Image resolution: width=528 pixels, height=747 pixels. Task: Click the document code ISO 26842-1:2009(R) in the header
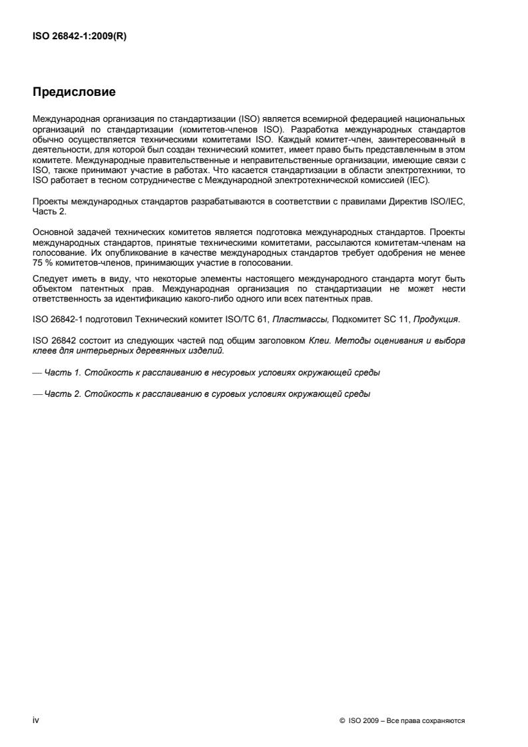pyautogui.click(x=79, y=37)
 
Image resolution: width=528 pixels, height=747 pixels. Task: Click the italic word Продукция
pyautogui.click(x=436, y=320)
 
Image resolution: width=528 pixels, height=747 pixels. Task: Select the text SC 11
pyautogui.click(x=394, y=320)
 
